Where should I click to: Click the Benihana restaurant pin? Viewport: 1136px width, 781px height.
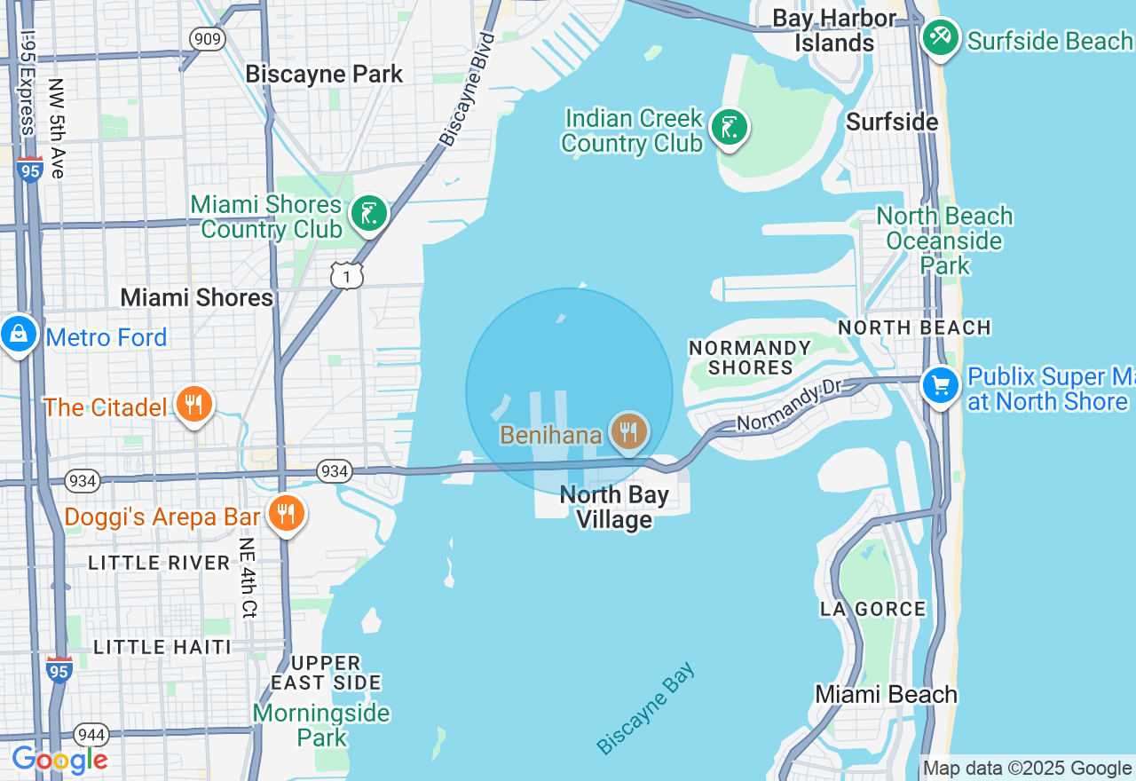[x=628, y=431]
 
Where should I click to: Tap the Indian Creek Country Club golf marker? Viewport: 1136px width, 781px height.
[x=728, y=128]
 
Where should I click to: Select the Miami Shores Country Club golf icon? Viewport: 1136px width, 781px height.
[x=368, y=214]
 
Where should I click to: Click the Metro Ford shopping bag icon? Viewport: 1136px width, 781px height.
[x=19, y=335]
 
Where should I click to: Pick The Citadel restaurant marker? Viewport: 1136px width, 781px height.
[x=194, y=405]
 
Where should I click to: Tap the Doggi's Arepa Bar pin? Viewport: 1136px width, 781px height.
[x=286, y=514]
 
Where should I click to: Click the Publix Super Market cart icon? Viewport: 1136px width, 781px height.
[x=941, y=386]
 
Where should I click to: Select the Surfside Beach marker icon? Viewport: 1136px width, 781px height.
[x=940, y=38]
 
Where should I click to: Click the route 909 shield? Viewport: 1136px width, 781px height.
[x=207, y=39]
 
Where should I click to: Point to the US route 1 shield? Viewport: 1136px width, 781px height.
[x=347, y=276]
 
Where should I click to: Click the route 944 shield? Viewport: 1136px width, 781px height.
[x=92, y=735]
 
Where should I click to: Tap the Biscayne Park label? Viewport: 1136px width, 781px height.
[x=324, y=74]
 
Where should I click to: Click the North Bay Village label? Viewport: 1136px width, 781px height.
[x=614, y=507]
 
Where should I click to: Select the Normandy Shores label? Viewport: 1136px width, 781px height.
[x=750, y=358]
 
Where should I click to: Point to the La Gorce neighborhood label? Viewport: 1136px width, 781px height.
[x=872, y=609]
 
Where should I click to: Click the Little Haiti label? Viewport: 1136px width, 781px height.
[x=162, y=647]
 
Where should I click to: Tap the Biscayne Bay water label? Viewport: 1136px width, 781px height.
[x=646, y=708]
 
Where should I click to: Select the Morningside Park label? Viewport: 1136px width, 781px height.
[x=320, y=725]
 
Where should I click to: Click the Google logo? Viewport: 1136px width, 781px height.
[x=59, y=760]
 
